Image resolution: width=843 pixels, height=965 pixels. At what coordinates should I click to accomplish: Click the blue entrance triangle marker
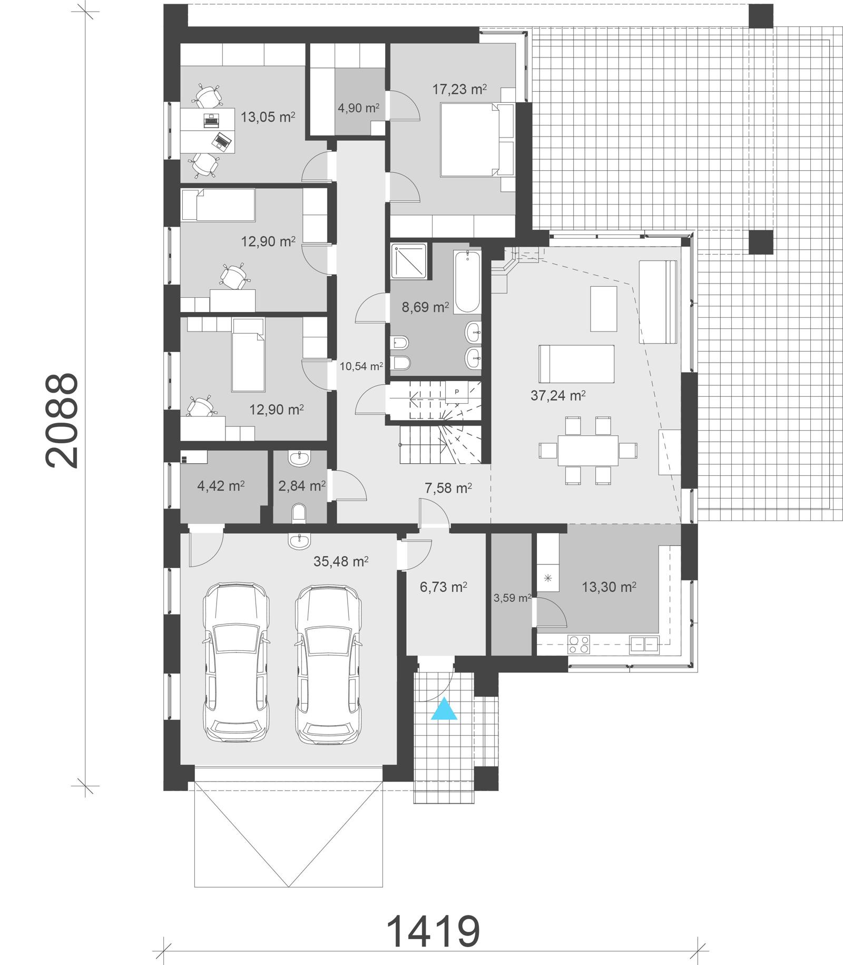coord(444,709)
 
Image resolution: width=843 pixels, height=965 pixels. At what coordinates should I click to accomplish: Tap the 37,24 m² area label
coord(558,395)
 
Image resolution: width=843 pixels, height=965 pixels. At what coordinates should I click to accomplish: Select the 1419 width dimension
coord(433,931)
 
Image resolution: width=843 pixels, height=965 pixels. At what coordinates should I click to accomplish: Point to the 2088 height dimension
coord(62,420)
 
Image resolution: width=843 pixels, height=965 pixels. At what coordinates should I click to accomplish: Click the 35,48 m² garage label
coord(340,561)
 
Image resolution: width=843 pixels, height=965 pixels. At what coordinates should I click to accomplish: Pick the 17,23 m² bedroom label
coord(459,90)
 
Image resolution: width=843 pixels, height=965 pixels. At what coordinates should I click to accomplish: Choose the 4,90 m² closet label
coord(358,108)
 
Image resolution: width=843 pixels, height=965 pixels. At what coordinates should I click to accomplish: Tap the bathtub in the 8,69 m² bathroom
coord(467,282)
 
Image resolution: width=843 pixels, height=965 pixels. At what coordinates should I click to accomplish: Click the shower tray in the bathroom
coord(408,260)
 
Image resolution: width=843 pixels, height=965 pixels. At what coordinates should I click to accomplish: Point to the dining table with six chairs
coord(588,450)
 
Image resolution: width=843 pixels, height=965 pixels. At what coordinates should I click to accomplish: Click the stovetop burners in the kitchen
coord(579,645)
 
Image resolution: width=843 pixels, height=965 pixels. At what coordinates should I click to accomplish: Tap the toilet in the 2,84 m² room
coord(299,512)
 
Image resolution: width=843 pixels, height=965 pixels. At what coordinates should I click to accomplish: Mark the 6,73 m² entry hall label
coord(443,587)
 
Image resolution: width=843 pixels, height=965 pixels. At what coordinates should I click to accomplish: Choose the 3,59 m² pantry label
coord(512,598)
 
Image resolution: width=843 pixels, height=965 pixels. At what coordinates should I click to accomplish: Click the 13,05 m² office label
coord(267,117)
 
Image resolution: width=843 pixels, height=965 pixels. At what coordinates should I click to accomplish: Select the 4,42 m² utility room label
coord(220,485)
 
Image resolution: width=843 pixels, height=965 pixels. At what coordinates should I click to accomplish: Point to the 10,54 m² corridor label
coord(361,366)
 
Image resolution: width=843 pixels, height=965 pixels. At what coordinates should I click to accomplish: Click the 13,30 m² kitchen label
coord(609,587)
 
